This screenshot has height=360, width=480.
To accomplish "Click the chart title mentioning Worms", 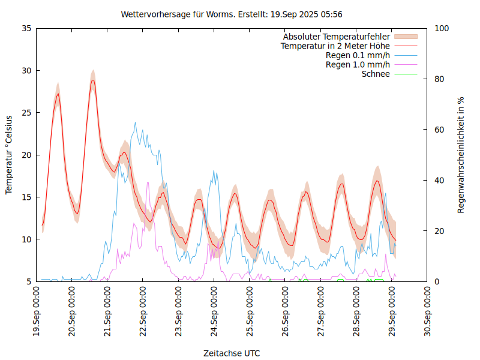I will coord(232,14).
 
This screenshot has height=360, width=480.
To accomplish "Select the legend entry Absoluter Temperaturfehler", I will coord(337,37).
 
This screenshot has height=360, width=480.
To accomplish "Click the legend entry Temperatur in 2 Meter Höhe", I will coord(335,46).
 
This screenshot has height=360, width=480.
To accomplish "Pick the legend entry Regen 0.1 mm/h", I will coord(358,55).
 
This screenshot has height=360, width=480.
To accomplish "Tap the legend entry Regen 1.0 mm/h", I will coord(358,65).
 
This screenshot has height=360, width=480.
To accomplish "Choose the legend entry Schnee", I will coord(376,74).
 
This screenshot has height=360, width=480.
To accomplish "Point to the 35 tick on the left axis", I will coord(26,28).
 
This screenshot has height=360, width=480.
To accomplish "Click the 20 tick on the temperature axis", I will coord(26,155).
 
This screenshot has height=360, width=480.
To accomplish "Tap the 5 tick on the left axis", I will coord(28,281).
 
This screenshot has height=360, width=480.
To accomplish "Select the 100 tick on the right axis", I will coord(441,28).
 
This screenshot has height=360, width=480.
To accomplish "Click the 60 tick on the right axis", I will coord(439,130).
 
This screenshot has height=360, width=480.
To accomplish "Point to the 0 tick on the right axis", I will coord(436,281).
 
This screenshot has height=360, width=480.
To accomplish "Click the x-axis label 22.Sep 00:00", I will coord(143,313).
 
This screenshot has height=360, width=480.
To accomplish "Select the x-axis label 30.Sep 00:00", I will coord(427,313).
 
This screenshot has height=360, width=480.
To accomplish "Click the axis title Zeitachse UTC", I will coord(232,353).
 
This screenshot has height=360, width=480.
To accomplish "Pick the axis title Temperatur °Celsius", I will coord(9,155).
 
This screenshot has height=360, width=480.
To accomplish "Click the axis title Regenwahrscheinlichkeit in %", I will coord(461,155).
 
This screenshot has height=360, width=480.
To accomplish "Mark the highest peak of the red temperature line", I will coord(93,80).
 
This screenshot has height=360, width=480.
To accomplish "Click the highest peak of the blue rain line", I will coord(135,122).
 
